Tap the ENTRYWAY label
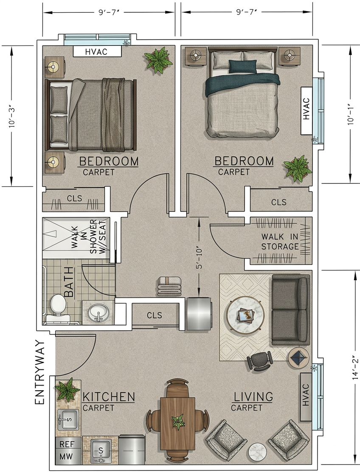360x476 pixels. coord(39,372)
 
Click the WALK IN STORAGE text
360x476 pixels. coord(279,242)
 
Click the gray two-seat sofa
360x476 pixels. coord(290,310)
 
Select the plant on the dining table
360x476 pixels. coord(177,422)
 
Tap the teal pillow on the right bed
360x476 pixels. coord(242,66)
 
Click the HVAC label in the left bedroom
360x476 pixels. coord(97,52)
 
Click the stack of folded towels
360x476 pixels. coord(169,287)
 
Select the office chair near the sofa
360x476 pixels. coord(260,361)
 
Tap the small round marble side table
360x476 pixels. coord(257,452)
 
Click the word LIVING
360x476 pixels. coord(253,397)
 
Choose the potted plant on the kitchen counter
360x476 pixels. coord(67,390)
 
